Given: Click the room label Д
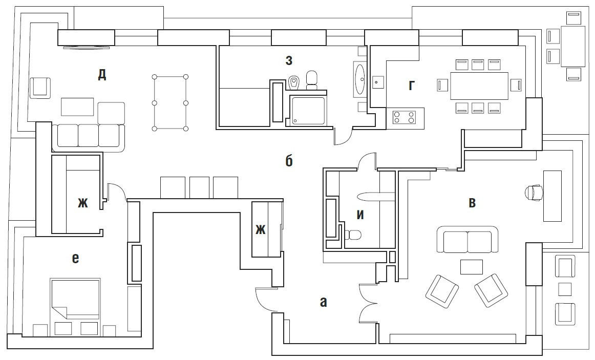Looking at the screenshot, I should point(102,75).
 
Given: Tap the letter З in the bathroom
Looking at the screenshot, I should point(289,60).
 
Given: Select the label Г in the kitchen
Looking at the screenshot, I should point(411,86).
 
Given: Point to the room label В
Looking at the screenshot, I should point(472,203).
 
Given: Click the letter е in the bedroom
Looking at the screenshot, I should point(75,259).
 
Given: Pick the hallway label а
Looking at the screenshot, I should point(323,302).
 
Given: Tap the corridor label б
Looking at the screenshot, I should point(289,161).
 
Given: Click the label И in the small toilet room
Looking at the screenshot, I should point(360,215).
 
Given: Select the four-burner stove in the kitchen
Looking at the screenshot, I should point(403,118).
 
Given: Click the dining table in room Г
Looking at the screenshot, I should point(479,86).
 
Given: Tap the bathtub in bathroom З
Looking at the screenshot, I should point(360,79).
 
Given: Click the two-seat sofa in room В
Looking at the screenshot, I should point(467,240).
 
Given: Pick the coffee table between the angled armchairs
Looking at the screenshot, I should point(471,267).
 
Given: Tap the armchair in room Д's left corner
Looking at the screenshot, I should point(40,87).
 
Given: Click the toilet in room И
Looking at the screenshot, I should point(353,235).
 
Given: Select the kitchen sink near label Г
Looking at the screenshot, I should point(378,81).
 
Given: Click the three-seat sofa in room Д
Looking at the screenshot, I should point(89,136).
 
